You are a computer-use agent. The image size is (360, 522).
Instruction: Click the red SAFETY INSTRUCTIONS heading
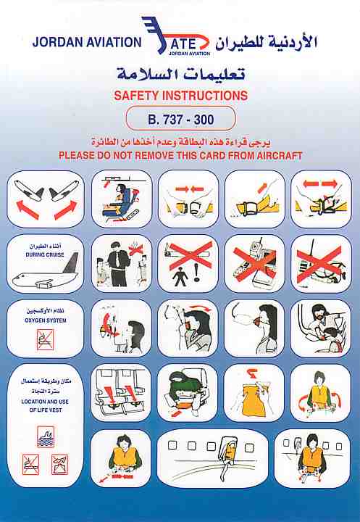point(180,96)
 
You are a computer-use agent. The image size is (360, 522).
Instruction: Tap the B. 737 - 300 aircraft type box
point(180,118)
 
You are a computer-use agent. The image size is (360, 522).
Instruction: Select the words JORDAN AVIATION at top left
point(87,42)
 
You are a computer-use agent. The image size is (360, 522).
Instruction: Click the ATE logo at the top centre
point(176,36)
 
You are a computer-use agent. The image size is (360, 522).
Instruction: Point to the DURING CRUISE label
point(45,254)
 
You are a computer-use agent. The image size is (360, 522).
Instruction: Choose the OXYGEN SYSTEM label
point(45,320)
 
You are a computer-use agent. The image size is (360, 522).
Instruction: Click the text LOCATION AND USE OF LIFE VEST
point(45,406)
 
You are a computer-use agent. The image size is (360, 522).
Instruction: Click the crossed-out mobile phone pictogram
point(254,264)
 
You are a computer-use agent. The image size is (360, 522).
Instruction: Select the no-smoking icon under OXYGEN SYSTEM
point(45,340)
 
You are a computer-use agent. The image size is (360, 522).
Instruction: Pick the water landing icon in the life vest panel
point(46,436)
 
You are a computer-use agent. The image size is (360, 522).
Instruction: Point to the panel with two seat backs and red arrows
point(121,393)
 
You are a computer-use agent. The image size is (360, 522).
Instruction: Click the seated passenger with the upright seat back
point(122,199)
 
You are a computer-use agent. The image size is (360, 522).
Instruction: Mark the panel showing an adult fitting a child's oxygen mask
point(321,328)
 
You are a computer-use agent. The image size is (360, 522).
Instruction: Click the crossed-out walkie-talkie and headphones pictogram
point(321,264)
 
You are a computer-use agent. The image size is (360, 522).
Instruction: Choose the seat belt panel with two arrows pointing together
point(188,199)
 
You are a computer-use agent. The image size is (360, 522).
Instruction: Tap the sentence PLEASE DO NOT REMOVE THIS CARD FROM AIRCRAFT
point(180,155)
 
